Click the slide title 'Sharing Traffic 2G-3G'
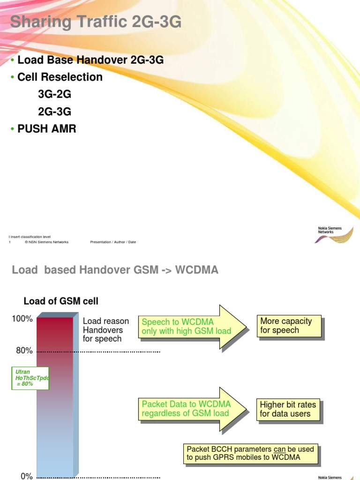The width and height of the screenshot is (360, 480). (x=96, y=22)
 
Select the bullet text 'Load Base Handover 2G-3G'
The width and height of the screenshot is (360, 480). (x=90, y=60)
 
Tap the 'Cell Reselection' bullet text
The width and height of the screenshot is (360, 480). (x=60, y=77)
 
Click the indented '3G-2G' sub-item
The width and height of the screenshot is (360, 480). (x=55, y=94)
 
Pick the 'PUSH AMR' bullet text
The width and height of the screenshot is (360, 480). (x=46, y=128)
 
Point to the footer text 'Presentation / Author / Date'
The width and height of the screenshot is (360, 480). (x=113, y=242)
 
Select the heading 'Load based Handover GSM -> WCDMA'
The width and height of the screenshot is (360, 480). (x=115, y=270)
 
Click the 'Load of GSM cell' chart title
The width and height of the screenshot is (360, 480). (x=61, y=301)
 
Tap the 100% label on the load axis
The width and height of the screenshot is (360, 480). (x=22, y=319)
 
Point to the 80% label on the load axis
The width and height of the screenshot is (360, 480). (x=24, y=351)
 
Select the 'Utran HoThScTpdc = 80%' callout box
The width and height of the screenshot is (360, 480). (x=31, y=378)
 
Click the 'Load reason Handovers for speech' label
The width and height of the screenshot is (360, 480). (x=105, y=330)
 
